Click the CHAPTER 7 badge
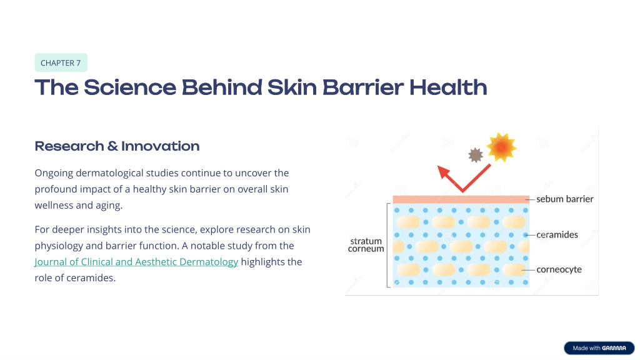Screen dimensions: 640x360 (61, 62)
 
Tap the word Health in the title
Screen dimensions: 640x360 (448, 87)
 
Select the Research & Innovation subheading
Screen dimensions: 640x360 (117, 146)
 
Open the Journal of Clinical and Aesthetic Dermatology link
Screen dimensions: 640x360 (136, 262)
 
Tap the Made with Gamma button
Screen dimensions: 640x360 (599, 347)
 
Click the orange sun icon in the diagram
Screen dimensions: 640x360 (502, 147)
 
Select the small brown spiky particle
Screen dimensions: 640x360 (476, 155)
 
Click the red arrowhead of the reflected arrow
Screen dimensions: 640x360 (444, 173)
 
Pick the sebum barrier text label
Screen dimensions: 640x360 (565, 199)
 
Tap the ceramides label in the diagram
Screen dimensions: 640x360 (557, 235)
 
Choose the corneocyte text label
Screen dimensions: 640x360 (559, 269)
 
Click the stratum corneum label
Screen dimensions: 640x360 (366, 245)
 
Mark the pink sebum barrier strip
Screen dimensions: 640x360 (461, 199)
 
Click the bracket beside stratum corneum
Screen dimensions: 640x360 (387, 245)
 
